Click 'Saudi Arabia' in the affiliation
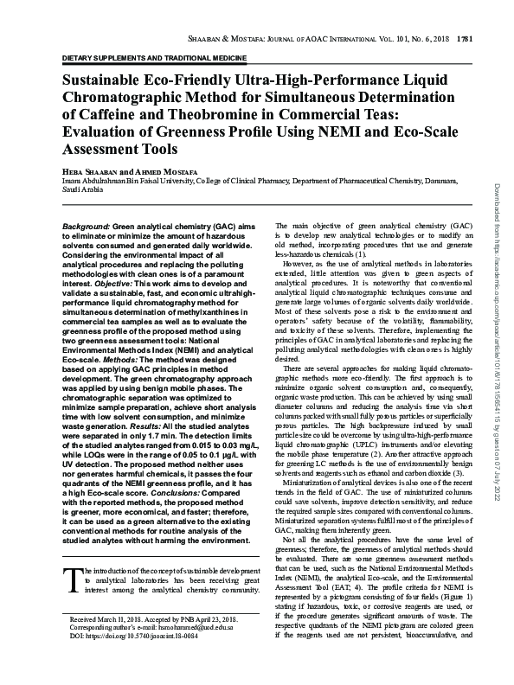tap(83, 189)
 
